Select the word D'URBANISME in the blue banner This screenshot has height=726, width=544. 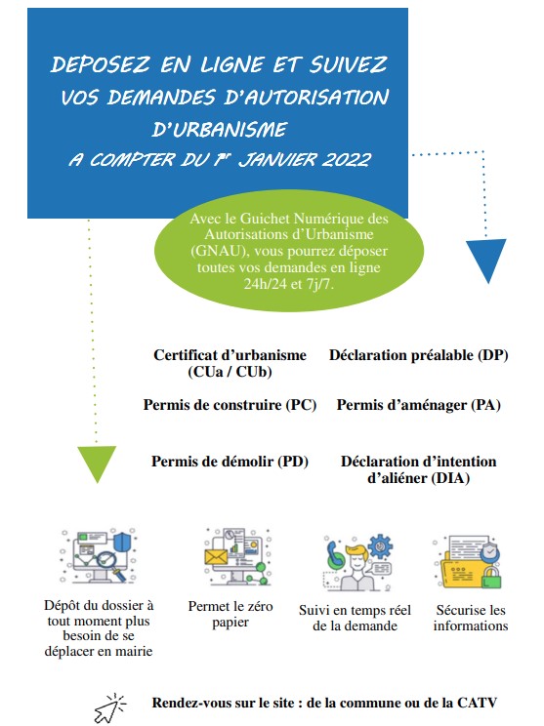tap(220, 129)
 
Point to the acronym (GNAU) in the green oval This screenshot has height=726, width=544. tap(218, 251)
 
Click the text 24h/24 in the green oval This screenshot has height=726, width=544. tap(265, 283)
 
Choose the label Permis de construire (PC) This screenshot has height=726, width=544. tap(230, 405)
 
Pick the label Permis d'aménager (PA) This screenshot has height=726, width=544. tap(418, 405)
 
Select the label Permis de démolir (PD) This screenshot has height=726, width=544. tap(230, 462)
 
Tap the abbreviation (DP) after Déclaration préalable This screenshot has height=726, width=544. tap(493, 355)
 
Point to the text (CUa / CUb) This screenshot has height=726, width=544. tap(230, 372)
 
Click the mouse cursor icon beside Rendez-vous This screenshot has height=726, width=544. tap(109, 708)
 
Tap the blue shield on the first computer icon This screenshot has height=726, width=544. tap(122, 542)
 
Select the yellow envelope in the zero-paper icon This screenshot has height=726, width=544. tap(216, 556)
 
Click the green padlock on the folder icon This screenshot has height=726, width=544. tap(491, 577)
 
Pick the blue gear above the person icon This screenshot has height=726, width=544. tap(380, 546)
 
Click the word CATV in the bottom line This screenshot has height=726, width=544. tap(478, 703)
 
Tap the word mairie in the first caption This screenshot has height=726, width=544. tap(134, 651)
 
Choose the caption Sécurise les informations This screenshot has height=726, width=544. tap(471, 618)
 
